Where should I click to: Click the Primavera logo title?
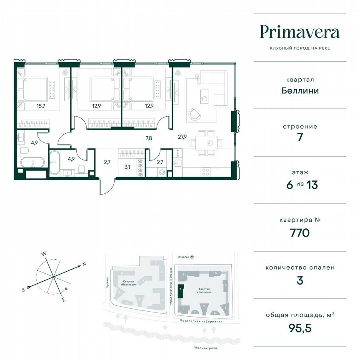(x=300, y=32)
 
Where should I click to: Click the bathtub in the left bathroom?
(x=32, y=162)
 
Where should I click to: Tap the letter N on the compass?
(x=84, y=264)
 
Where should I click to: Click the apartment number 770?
(x=300, y=233)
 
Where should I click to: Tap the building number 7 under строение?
(x=300, y=138)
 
